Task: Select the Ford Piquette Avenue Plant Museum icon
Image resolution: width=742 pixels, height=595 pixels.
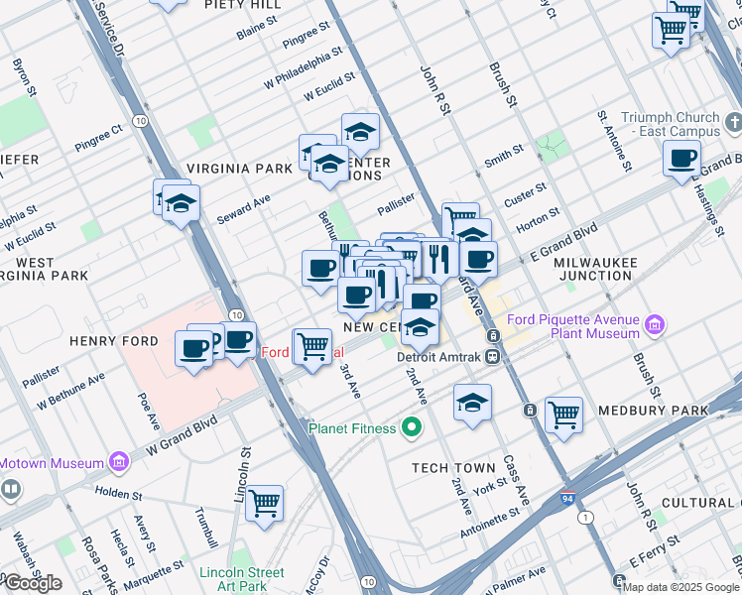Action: [654, 325]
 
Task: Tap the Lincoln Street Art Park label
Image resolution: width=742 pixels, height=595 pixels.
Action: [241, 578]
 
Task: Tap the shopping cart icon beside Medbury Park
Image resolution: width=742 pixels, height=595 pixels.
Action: [563, 415]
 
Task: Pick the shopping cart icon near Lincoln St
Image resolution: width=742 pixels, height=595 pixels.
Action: [265, 503]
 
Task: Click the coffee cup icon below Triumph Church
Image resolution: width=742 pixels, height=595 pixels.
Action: [682, 159]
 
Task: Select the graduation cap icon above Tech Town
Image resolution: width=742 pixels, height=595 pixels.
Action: [472, 403]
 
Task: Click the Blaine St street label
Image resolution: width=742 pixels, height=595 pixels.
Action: [255, 32]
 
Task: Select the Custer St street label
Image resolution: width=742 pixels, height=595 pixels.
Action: [527, 188]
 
